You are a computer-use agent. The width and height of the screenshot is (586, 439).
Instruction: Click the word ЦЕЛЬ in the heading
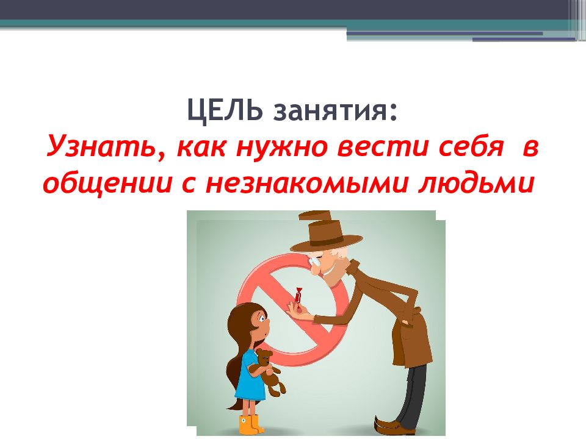click(223, 110)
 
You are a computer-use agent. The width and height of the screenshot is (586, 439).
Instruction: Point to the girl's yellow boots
click(250, 424)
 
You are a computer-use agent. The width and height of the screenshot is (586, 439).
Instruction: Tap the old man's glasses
click(315, 262)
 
